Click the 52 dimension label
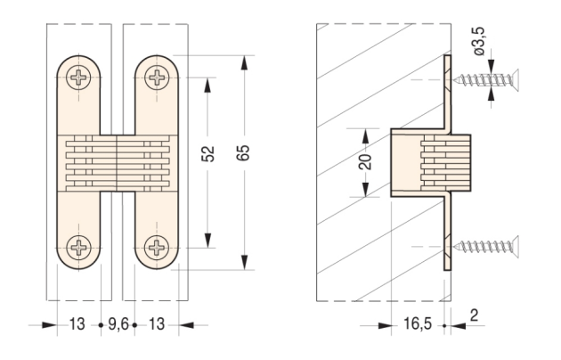pyautogui.click(x=207, y=154)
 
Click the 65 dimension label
pyautogui.click(x=244, y=153)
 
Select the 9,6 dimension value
pyautogui.click(x=118, y=324)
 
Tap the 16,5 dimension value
pyautogui.click(x=418, y=323)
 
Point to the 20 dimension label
pyautogui.click(x=366, y=162)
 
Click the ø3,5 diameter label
pyautogui.click(x=479, y=42)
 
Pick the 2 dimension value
pyautogui.click(x=474, y=315)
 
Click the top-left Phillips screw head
pyautogui.click(x=78, y=78)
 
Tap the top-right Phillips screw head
pyautogui.click(x=157, y=78)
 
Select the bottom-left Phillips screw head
pyautogui.click(x=78, y=247)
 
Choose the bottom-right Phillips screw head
pyautogui.click(x=157, y=247)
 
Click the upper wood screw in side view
pyautogui.click(x=486, y=79)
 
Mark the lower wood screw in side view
pyautogui.click(x=486, y=246)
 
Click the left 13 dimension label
pyautogui.click(x=77, y=324)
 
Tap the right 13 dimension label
pyautogui.click(x=157, y=324)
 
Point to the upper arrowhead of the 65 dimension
pyautogui.click(x=244, y=63)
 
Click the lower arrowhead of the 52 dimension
pyautogui.click(x=207, y=240)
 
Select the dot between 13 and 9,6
pyautogui.click(x=101, y=325)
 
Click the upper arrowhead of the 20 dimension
pyautogui.click(x=365, y=136)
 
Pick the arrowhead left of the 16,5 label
pyautogui.click(x=385, y=325)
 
